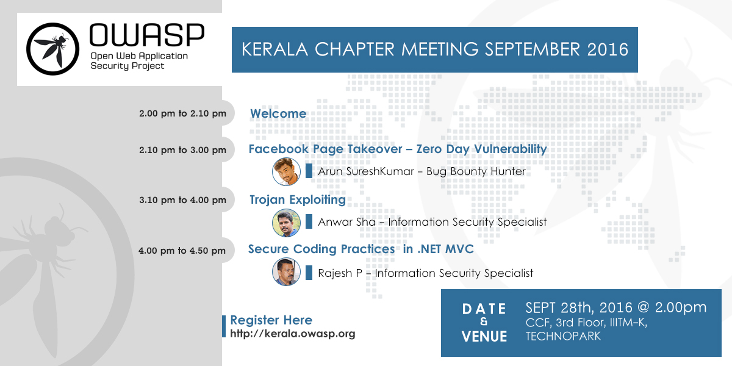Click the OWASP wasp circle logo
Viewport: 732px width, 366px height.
click(52, 49)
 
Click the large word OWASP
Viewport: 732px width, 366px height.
click(147, 35)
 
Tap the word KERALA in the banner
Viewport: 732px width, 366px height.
click(275, 49)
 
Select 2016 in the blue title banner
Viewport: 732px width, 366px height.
click(608, 49)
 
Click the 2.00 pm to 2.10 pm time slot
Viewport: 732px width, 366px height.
click(182, 113)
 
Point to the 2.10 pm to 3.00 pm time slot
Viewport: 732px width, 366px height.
click(182, 150)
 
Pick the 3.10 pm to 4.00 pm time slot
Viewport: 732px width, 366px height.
click(182, 200)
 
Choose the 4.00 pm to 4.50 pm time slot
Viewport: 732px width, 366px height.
click(182, 251)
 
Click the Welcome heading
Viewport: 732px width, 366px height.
click(278, 113)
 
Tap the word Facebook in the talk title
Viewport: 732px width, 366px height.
click(278, 149)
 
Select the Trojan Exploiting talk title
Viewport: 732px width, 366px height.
click(298, 199)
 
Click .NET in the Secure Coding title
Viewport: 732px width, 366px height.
click(429, 249)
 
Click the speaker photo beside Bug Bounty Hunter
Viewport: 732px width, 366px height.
click(286, 171)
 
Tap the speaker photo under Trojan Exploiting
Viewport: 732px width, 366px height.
click(286, 223)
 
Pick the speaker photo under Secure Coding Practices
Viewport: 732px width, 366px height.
click(286, 272)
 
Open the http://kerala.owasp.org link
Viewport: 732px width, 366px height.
click(292, 334)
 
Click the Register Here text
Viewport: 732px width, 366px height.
click(271, 320)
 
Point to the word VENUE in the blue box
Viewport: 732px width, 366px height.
click(484, 337)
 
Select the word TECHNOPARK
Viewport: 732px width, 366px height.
click(563, 336)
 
